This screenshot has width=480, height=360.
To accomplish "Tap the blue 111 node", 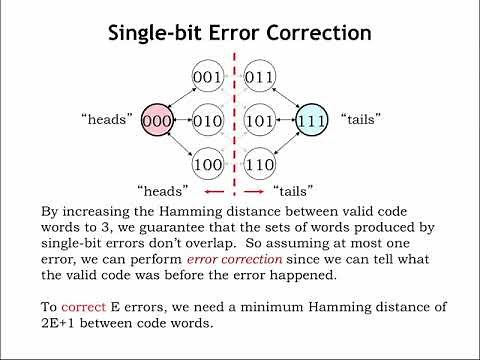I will click(x=311, y=120).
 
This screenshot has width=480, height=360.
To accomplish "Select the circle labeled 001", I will click(x=209, y=76).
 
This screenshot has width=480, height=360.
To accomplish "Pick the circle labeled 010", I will click(x=209, y=120).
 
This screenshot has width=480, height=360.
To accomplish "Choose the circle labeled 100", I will click(x=209, y=163).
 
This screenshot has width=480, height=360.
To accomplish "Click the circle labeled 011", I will click(x=261, y=76).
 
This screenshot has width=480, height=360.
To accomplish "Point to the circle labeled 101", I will click(x=261, y=120).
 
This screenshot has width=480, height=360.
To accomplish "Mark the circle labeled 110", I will click(x=261, y=163).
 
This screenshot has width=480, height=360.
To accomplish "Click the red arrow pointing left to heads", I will click(x=212, y=191).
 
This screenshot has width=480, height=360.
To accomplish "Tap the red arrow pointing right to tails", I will click(x=255, y=191).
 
